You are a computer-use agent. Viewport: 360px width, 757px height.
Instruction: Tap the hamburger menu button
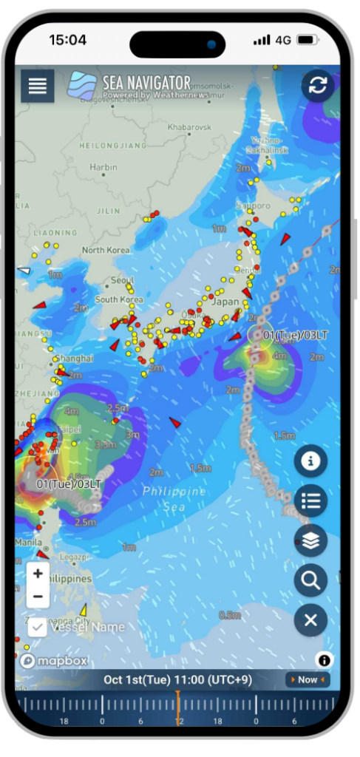point(38,86)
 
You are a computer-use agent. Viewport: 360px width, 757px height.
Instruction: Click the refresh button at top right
point(318,86)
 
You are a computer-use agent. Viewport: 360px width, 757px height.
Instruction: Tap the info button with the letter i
point(310,461)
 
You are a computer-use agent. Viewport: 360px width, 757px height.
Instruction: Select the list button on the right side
point(310,500)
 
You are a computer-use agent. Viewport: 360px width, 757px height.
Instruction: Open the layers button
point(310,540)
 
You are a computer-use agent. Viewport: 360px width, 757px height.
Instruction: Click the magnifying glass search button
point(310,580)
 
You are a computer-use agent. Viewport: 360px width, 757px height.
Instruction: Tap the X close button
point(310,620)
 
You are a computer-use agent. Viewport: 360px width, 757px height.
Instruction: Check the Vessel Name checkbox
point(38,627)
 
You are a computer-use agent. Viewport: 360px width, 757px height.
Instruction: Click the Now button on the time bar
point(307,679)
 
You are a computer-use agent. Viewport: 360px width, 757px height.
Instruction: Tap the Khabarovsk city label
point(190,127)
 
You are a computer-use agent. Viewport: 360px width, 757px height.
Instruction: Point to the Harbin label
point(103,167)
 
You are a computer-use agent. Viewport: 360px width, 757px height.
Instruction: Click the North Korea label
point(106,250)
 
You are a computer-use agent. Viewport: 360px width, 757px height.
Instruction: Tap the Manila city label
point(27,541)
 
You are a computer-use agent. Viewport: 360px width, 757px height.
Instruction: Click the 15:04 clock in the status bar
point(68,40)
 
